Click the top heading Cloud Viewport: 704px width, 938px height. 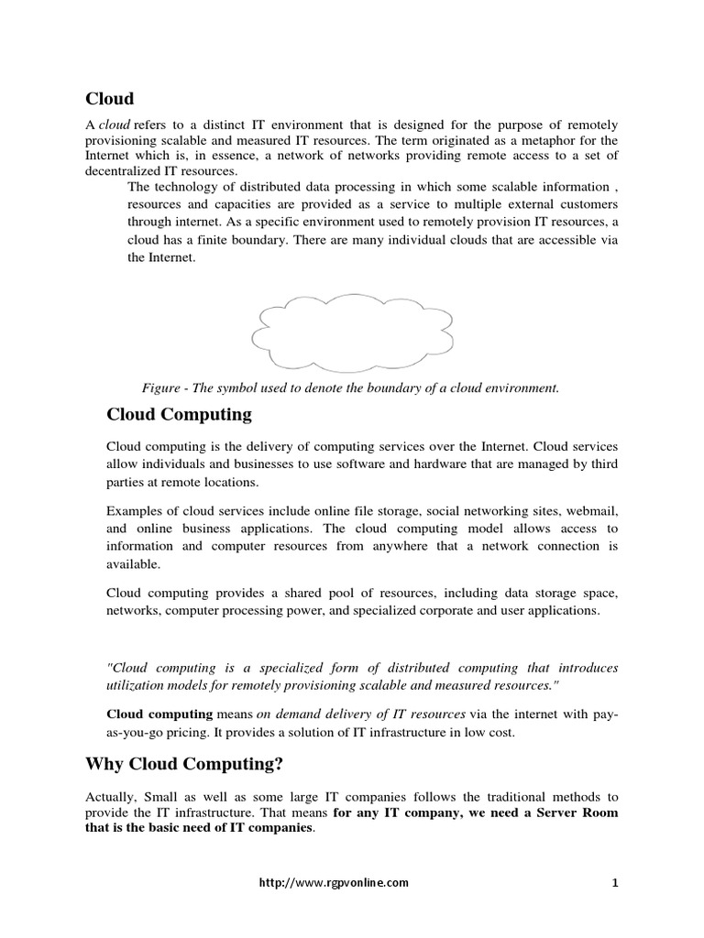pyautogui.click(x=110, y=99)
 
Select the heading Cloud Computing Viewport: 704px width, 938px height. pyautogui.click(x=179, y=415)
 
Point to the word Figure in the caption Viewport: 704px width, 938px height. pyautogui.click(x=160, y=387)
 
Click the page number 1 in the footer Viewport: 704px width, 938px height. pyautogui.click(x=615, y=883)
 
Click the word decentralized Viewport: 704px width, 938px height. pyautogui.click(x=127, y=171)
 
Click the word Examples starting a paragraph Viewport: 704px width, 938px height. pyautogui.click(x=135, y=510)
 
